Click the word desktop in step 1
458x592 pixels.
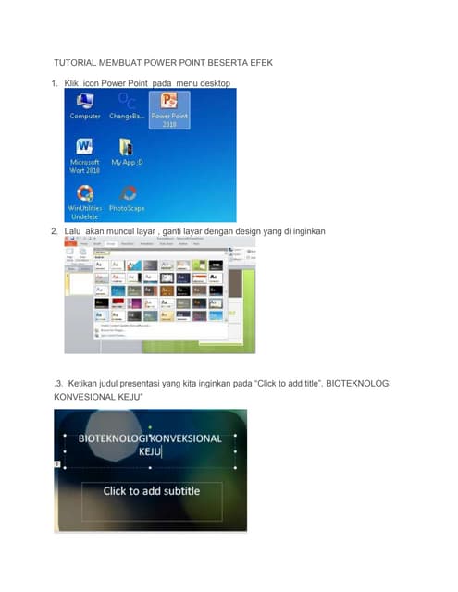coord(215,83)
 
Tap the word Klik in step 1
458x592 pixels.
coord(72,83)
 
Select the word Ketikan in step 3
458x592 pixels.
coord(84,381)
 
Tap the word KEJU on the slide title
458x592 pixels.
coord(150,452)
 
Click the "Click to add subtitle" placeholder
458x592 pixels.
coord(151,490)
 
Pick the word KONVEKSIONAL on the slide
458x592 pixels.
coord(186,438)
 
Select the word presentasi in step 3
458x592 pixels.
coord(157,381)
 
